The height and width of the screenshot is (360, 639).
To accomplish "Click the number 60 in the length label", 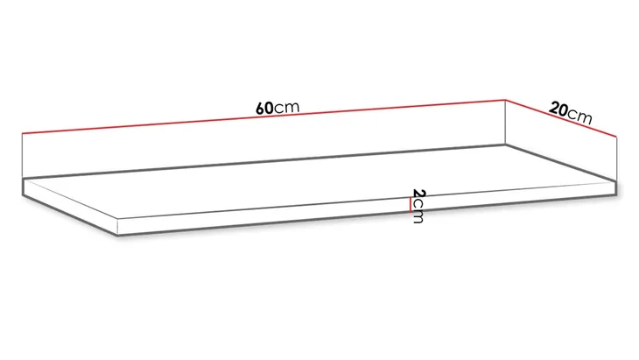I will (264, 109).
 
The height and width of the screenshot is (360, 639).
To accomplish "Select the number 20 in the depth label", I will (558, 109).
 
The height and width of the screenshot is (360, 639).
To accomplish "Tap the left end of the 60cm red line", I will (21, 133).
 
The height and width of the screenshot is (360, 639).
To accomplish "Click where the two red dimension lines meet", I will (506, 100).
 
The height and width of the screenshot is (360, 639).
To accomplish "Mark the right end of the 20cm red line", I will (619, 138).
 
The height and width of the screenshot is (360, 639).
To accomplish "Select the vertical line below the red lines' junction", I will (506, 123).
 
